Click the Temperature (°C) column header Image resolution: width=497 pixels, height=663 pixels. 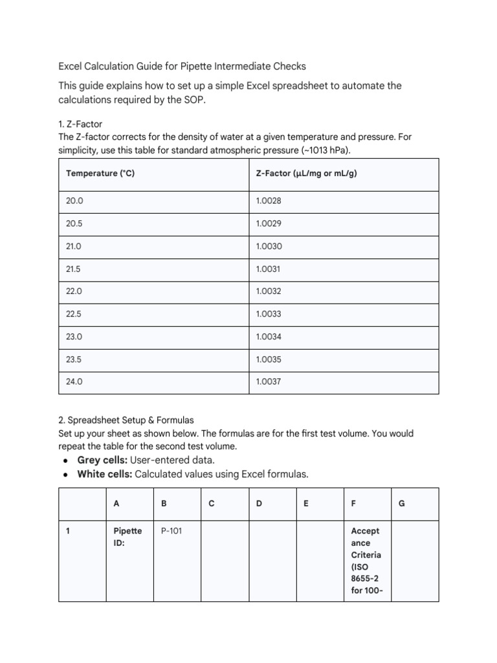coord(100,174)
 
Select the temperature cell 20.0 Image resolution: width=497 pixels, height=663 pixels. coord(74,201)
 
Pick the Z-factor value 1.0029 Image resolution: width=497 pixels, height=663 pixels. coord(269,223)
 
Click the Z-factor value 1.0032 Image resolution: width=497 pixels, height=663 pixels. coord(269,291)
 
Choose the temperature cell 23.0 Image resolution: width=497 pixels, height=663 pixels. coord(74,337)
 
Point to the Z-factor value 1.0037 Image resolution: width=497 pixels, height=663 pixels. coord(269,382)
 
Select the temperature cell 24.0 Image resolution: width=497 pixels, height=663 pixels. coord(74,382)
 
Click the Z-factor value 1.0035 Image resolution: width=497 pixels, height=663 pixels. coord(269,359)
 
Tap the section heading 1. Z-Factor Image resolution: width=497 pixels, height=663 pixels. coord(80,124)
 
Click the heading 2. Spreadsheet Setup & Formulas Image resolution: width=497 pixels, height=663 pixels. coord(126,420)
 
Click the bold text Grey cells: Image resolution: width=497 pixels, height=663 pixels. coord(102,460)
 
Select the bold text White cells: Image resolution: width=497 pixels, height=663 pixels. coord(104,474)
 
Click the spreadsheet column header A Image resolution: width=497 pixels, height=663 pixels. coord(116,503)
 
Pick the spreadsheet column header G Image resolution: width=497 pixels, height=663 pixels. coord(402,503)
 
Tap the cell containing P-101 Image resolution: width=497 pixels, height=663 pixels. coord(171,531)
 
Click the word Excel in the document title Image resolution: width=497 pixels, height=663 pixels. coord(71,66)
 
